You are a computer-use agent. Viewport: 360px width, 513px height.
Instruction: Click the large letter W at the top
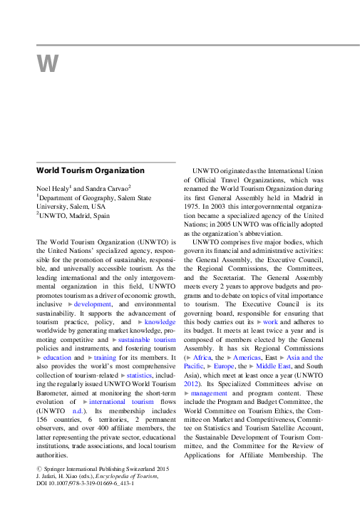pos(46,66)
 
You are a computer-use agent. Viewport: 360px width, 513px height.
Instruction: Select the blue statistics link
pos(139,377)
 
